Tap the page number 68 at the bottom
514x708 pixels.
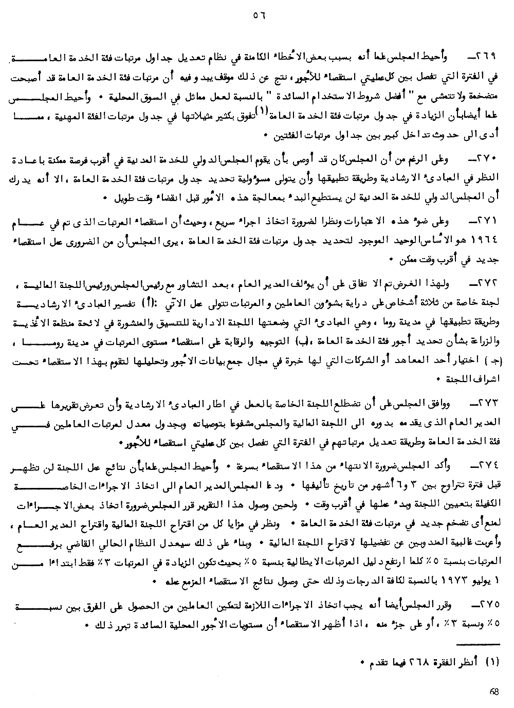(494, 692)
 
